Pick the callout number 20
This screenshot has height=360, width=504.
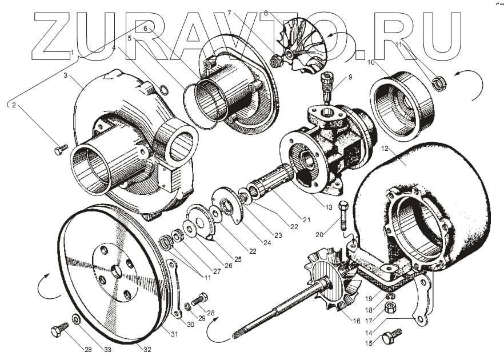click(319, 233)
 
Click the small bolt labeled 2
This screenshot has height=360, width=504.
click(60, 149)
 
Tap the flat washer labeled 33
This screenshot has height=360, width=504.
click(76, 318)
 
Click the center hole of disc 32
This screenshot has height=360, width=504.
click(117, 272)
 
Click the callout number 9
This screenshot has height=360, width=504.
click(351, 77)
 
